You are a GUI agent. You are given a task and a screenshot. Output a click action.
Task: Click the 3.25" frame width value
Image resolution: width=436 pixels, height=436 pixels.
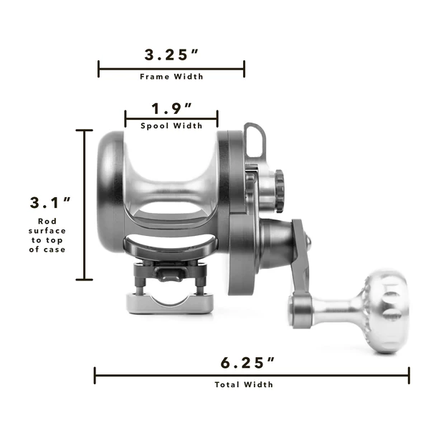coord(171,54)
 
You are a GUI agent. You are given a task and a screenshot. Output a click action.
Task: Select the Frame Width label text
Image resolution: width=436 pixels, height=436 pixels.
coord(171,77)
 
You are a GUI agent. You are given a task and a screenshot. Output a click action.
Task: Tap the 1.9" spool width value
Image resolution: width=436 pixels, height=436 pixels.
coord(171,109)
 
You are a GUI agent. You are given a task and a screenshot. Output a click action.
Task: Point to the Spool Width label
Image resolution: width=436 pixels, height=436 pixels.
coord(171,125)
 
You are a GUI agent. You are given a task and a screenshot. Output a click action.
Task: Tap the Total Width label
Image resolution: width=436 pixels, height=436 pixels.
coord(244,384)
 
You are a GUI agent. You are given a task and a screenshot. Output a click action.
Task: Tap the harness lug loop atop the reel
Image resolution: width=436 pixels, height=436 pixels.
coord(253,140)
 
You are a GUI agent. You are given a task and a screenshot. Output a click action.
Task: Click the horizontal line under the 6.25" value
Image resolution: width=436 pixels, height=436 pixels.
coord(252,375)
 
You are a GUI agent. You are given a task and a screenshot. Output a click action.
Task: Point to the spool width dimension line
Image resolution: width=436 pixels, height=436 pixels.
coord(171,118)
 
